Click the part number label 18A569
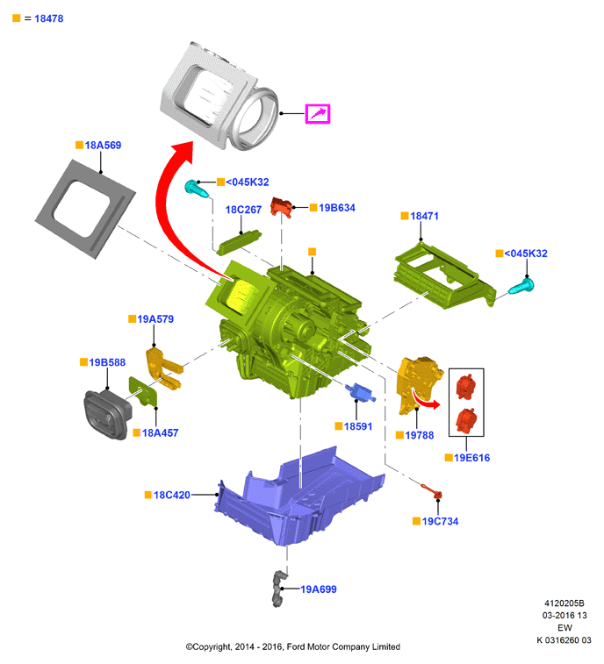coord(103,146)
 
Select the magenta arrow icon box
coord(318,113)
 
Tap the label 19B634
coord(337,208)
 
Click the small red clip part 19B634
coord(282,207)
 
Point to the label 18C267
coord(243,210)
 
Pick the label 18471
coord(424,216)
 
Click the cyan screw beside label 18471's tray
coord(521,287)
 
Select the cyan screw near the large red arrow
coord(198,189)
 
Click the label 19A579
coord(155,319)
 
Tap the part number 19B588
coord(107,362)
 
